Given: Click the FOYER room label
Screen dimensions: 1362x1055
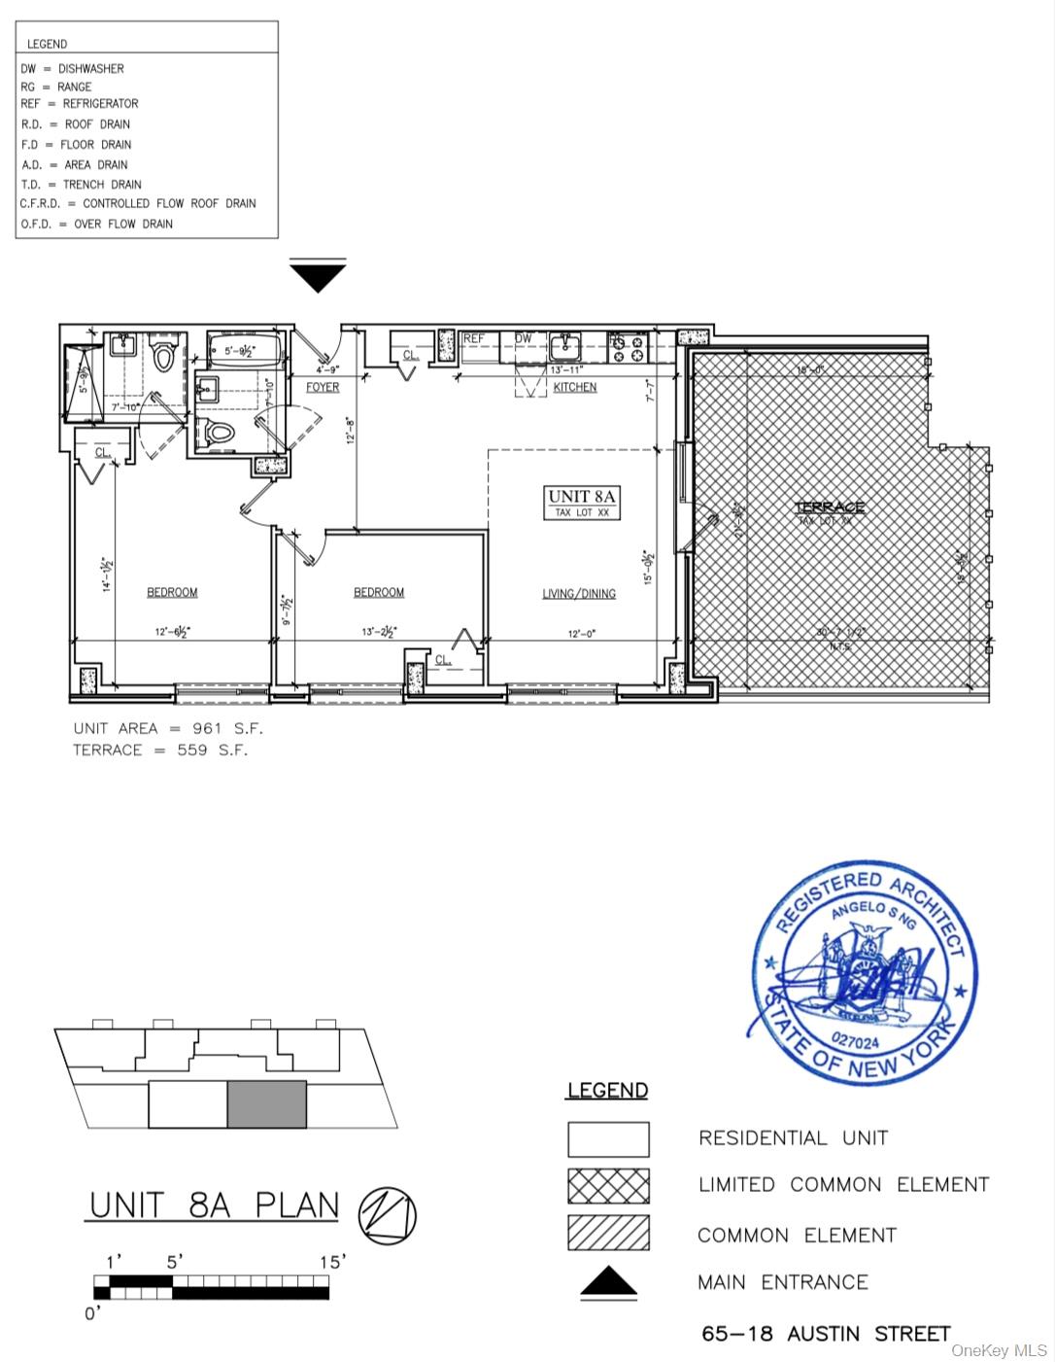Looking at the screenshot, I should [323, 387].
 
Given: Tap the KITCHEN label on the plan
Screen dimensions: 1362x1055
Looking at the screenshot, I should [575, 387].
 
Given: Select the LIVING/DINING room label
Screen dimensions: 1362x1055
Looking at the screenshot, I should [579, 593].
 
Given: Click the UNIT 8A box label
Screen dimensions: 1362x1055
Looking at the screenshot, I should [582, 502].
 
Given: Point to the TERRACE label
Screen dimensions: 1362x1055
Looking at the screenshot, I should [830, 507].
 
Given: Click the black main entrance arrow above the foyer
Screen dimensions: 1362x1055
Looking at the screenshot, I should [318, 276].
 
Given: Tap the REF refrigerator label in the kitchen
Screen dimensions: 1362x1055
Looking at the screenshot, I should [474, 338].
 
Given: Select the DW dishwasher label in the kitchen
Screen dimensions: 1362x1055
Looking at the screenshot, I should [524, 338].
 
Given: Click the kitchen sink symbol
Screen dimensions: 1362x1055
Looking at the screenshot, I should [564, 346].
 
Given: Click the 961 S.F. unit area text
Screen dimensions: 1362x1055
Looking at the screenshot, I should [227, 728].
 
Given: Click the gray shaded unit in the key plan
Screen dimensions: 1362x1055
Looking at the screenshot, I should [267, 1104].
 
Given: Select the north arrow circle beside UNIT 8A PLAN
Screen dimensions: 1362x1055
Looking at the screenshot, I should [387, 1216].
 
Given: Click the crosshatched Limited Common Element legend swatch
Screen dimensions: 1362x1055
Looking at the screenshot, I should [608, 1186].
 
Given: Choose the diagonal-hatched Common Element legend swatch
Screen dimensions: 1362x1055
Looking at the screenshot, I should [608, 1233].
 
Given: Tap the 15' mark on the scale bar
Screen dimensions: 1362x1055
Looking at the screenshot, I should [332, 1262].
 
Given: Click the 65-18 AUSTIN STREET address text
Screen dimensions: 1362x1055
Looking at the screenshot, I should [826, 1334].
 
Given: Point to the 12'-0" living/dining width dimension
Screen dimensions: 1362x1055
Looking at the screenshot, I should [582, 634].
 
